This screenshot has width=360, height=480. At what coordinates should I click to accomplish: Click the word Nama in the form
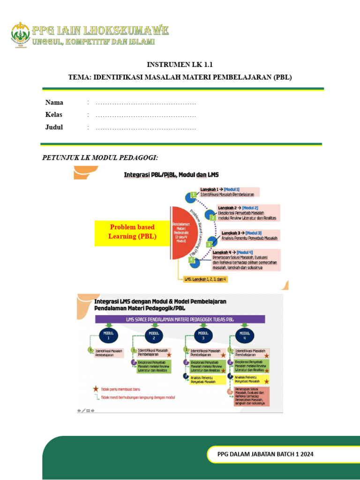pos(54,103)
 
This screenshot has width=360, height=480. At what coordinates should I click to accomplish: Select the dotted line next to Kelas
pos(146,115)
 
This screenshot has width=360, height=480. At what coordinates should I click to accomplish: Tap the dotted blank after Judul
pos(146,127)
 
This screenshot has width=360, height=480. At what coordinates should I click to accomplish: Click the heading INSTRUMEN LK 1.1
pos(180,65)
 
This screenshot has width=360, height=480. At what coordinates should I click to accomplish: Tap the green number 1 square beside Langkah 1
pos(193,195)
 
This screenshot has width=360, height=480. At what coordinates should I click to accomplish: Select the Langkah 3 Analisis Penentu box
pos(249,235)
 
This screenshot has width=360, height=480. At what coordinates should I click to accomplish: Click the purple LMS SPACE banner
pos(180,319)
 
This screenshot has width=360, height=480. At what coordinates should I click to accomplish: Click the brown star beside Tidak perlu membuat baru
pos(96,389)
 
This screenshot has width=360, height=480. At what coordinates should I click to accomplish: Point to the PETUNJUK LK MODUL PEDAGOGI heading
pos(100,157)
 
